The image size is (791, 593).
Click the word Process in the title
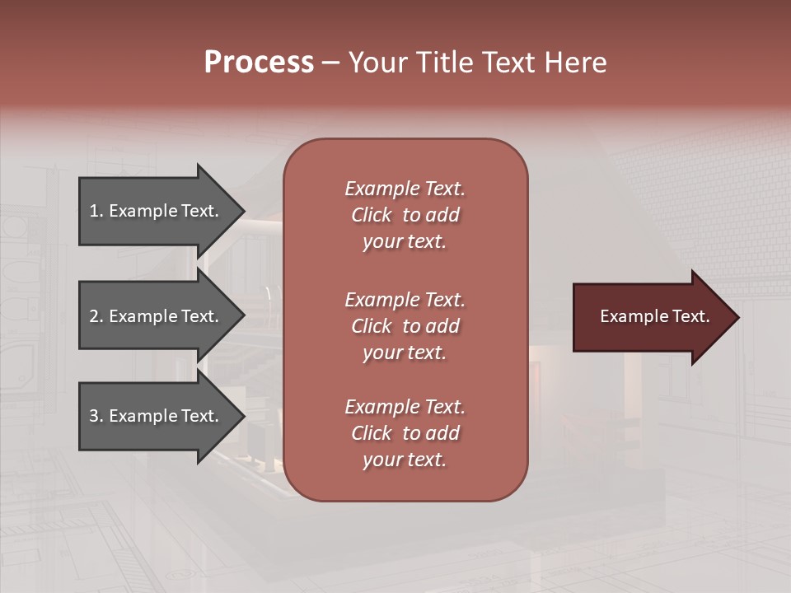point(259,63)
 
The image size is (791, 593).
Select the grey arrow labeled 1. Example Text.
point(157,211)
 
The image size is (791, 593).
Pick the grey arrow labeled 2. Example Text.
point(157,316)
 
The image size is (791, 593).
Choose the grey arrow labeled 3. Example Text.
point(157,416)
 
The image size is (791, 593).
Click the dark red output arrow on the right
point(651,317)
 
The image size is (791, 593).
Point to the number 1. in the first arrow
point(96,211)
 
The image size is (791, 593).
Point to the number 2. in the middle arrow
point(96,316)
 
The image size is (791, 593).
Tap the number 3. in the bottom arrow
point(96,416)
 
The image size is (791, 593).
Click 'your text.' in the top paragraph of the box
point(405,242)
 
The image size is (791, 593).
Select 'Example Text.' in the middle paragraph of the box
point(405,300)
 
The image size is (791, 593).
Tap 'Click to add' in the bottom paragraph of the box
point(405,433)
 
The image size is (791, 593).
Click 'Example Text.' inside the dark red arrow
point(654,316)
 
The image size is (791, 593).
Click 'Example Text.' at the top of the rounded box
point(405,189)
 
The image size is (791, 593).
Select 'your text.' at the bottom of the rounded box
point(405,460)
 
